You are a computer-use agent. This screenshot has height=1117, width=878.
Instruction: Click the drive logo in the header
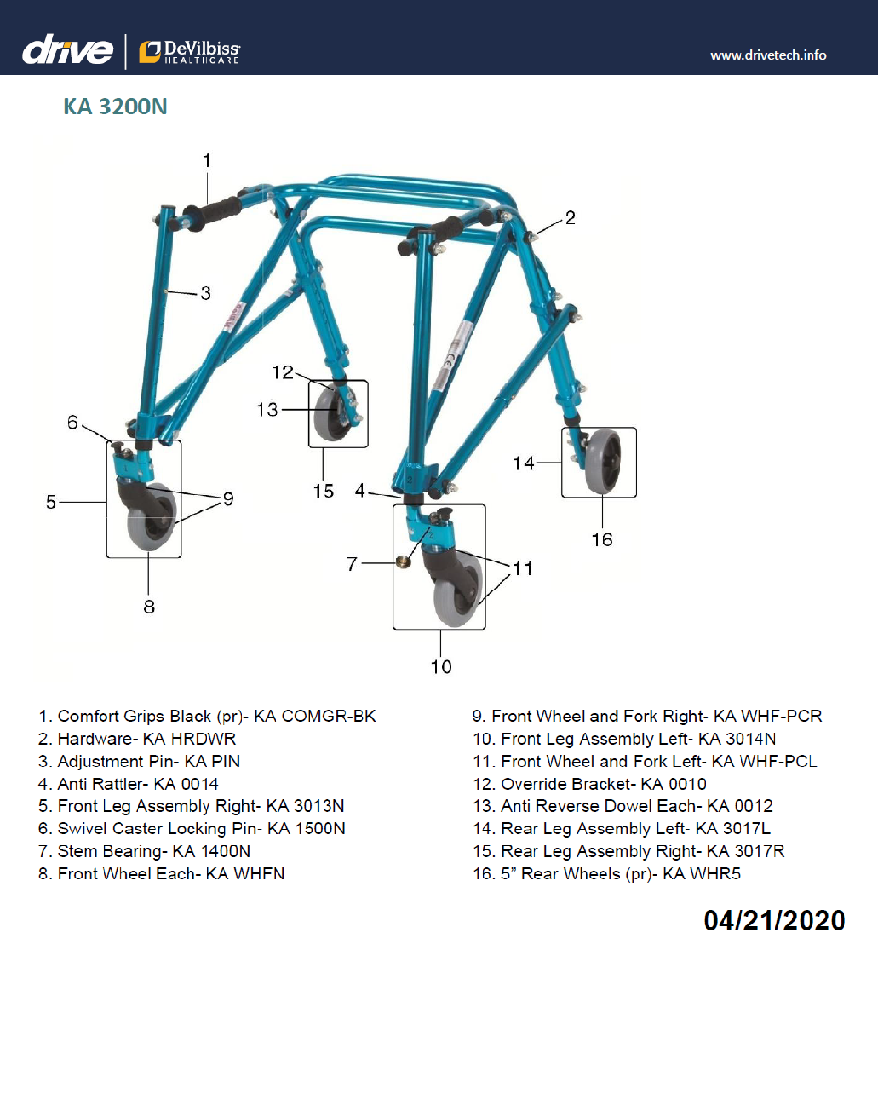point(67,50)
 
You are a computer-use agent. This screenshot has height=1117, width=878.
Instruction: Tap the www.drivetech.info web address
point(768,55)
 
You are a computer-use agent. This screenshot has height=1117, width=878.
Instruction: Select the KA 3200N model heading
point(115,107)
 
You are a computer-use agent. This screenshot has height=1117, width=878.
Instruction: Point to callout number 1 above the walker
point(207,160)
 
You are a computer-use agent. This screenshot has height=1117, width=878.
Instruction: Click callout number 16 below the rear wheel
point(602,539)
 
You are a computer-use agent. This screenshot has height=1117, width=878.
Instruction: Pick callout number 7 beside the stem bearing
point(352,564)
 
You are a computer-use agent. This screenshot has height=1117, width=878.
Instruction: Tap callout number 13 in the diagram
point(267,410)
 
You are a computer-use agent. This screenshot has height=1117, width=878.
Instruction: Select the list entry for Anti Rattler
point(129,784)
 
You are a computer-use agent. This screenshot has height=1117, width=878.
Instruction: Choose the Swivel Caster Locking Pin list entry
point(192,829)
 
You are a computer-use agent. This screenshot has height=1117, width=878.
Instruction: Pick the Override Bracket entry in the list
point(589,784)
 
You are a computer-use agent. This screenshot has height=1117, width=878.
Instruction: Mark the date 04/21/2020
point(774,921)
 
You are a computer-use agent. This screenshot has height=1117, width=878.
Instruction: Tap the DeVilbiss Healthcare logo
point(190,52)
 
